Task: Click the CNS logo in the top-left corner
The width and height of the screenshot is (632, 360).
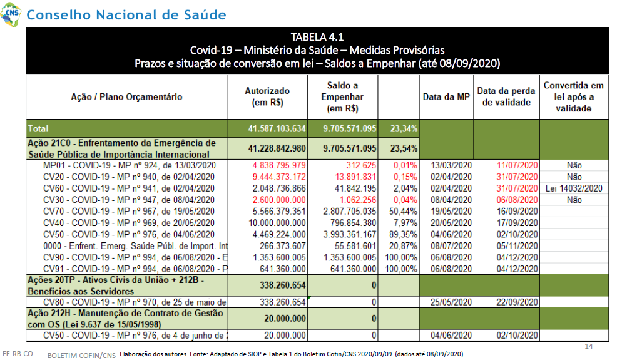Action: [11, 14]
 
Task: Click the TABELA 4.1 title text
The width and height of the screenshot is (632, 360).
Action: [317, 37]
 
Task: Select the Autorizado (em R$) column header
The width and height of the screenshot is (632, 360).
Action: [267, 97]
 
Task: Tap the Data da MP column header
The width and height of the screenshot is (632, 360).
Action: [446, 97]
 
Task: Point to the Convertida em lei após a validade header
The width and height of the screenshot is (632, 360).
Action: [574, 97]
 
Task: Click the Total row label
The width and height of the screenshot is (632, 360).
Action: [38, 129]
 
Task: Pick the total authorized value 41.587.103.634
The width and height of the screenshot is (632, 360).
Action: [277, 129]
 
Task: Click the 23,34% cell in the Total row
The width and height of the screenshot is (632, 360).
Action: [404, 129]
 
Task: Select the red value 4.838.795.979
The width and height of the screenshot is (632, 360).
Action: [279, 165]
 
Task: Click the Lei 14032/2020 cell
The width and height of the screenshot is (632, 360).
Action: [574, 188]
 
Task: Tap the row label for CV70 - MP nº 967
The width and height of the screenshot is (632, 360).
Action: [129, 211]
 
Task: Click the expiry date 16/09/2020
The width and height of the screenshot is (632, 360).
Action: [517, 211]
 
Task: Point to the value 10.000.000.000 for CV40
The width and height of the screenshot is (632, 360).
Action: [277, 223]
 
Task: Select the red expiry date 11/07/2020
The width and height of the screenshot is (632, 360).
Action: [517, 165]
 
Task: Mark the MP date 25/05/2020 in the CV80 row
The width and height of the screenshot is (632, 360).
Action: [451, 302]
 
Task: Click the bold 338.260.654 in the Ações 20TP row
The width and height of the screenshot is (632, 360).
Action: [283, 285]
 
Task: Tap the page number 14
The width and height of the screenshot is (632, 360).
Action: [588, 346]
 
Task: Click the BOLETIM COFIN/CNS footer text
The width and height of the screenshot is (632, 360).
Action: [81, 356]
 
